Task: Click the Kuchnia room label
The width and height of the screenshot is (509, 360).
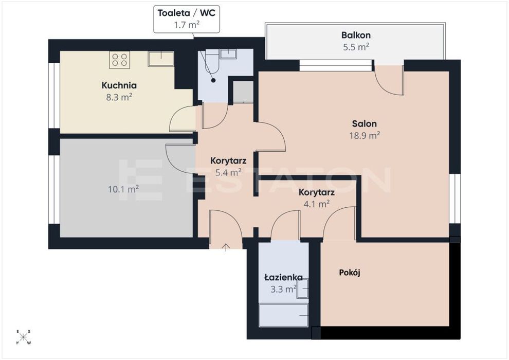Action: [119, 85]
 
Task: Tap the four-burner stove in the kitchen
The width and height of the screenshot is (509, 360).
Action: [119, 60]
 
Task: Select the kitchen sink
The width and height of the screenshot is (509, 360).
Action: [161, 59]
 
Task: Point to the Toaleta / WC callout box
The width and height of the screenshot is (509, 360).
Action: [186, 19]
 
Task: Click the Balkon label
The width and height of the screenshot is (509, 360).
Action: [356, 35]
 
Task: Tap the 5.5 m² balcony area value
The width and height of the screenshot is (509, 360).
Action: [356, 47]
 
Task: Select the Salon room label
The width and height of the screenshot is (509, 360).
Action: [365, 123]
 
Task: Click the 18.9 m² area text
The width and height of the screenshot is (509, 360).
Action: [365, 135]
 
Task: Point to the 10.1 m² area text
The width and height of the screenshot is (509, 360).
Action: [123, 189]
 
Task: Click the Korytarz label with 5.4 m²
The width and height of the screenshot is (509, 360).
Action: [228, 160]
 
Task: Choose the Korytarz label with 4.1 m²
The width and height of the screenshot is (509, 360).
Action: [317, 192]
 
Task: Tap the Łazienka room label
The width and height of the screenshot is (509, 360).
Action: [283, 277]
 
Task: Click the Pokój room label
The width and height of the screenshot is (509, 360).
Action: [350, 273]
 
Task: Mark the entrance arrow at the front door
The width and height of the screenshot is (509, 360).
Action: [226, 247]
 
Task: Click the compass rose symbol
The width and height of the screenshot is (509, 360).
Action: [23, 337]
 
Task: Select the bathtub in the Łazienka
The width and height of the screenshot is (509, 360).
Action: [283, 315]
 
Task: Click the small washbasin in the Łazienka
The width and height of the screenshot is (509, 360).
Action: [302, 289]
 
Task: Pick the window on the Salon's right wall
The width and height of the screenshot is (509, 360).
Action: [455, 199]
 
